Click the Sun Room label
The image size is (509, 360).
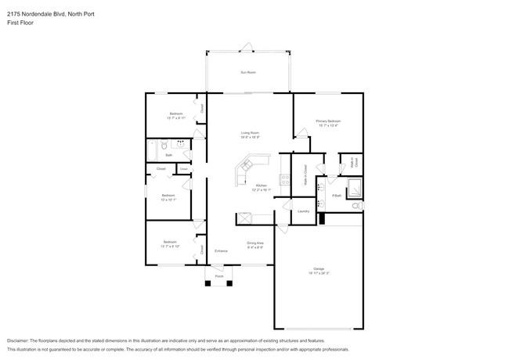tap(248, 72)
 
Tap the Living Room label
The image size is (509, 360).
tap(250, 133)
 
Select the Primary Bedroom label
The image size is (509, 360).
tap(327, 121)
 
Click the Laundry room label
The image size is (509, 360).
tap(302, 211)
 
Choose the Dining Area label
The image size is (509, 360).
tap(255, 243)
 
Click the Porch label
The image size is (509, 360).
tap(219, 275)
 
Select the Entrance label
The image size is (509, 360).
tap(221, 251)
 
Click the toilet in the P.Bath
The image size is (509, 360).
tap(358, 206)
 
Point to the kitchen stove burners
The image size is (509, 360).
tap(286, 179)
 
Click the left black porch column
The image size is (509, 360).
tap(208, 283)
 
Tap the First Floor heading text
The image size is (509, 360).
tap(21, 23)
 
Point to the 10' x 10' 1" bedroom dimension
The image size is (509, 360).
tap(168, 200)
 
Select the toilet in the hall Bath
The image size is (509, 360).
tap(164, 145)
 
